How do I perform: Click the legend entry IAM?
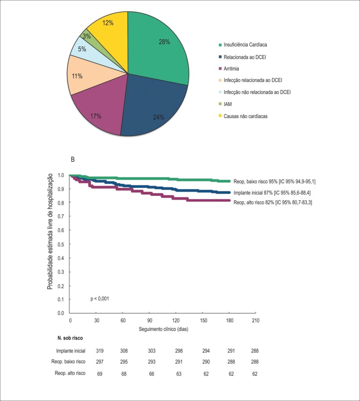(x=225, y=104)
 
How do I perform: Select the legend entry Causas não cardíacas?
(x=243, y=116)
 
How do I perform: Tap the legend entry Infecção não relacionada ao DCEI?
(x=255, y=92)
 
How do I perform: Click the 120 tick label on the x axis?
(x=176, y=320)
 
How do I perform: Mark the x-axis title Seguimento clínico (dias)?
(x=163, y=329)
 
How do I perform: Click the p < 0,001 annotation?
(x=100, y=298)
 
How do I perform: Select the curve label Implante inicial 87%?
(x=253, y=193)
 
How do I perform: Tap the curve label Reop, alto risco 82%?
(x=253, y=202)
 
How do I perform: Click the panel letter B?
(x=72, y=159)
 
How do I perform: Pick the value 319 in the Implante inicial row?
(x=100, y=350)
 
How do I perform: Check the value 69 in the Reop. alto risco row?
(x=100, y=374)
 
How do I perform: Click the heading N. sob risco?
(x=70, y=338)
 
